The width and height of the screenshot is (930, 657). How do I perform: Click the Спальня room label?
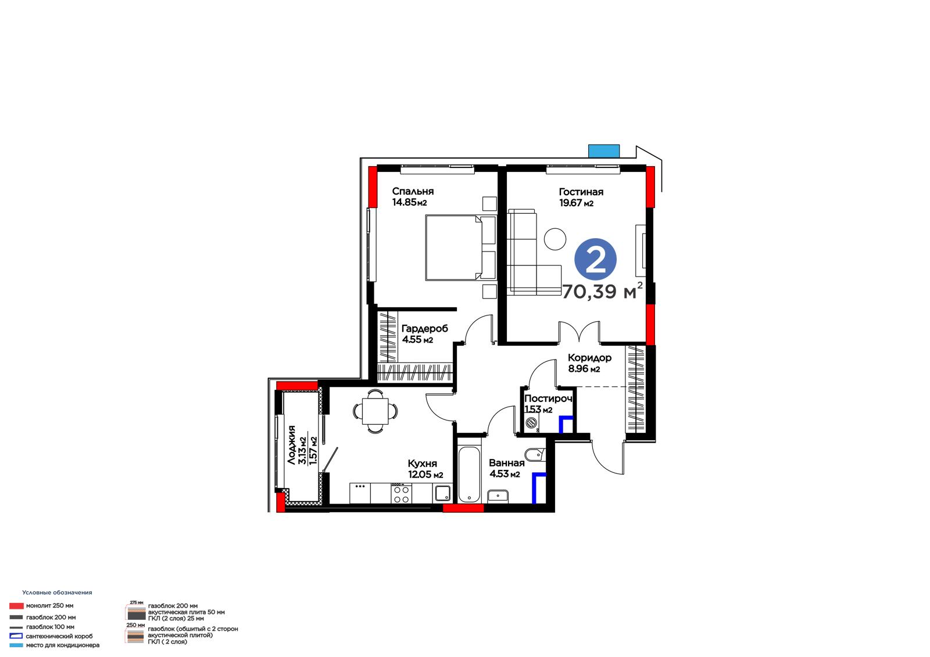413,191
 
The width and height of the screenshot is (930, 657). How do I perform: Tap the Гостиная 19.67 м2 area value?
576,203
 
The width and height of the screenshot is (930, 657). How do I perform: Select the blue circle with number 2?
595,259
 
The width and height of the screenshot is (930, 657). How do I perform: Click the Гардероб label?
425,328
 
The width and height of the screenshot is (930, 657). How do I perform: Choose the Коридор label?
589,358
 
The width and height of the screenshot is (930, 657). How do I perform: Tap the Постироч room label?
548,398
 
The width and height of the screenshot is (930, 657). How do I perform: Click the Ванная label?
506,462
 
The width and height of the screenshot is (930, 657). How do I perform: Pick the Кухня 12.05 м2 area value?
425,475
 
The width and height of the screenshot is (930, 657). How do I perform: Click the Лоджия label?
291,445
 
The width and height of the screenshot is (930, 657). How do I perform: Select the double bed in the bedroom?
461,248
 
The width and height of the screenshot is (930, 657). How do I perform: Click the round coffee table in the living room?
555,239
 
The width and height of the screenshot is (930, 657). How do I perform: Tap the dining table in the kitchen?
375,411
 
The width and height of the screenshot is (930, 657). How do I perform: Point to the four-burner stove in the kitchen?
401,494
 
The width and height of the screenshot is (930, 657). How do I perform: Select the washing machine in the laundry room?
531,423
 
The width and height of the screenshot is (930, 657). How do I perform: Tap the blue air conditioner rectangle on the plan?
604,151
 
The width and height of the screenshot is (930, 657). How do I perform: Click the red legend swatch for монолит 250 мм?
17,606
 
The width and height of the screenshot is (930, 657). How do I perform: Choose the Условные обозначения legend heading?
58,593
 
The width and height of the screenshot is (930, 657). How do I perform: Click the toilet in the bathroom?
535,453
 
